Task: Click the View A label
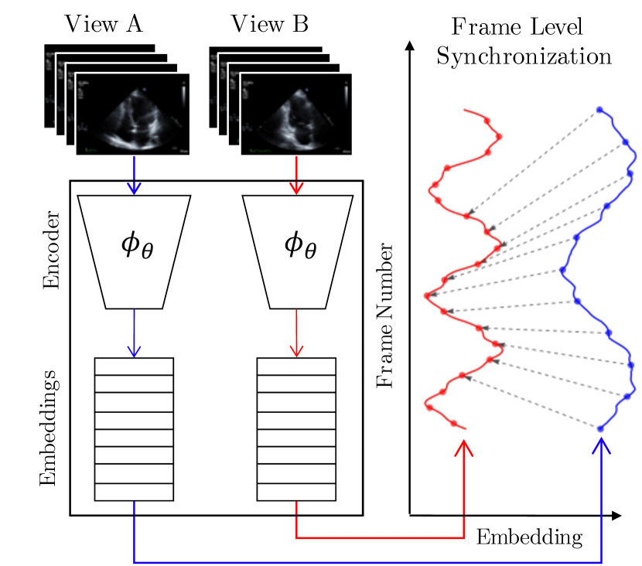click(x=104, y=25)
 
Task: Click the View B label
click(x=270, y=25)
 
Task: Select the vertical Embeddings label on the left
click(x=49, y=427)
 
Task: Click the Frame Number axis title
click(x=384, y=317)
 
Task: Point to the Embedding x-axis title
click(x=528, y=537)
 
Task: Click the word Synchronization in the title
click(x=524, y=56)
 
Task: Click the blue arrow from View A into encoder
click(x=135, y=175)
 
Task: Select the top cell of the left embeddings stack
click(x=134, y=367)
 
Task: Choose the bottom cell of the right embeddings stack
click(x=296, y=491)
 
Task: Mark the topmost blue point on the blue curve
click(x=599, y=111)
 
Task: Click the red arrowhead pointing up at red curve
click(x=463, y=448)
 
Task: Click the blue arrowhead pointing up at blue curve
click(x=601, y=448)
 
